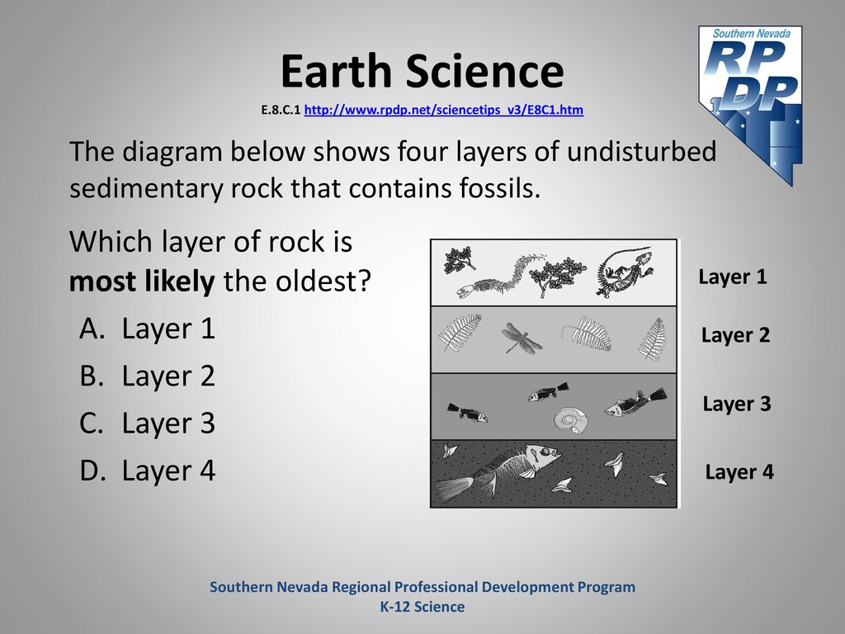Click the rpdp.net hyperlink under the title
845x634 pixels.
pos(443,110)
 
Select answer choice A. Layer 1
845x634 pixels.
pos(147,329)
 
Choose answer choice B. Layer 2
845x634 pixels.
pos(147,376)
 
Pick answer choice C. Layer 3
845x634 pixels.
pos(147,423)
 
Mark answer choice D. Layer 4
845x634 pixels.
pos(147,471)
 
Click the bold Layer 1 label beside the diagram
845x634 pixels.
pos(733,277)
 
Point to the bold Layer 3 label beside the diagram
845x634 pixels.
pos(737,404)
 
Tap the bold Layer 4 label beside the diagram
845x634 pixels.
pos(739,472)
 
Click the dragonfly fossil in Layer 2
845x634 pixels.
pos(521,338)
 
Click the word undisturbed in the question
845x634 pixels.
pos(641,152)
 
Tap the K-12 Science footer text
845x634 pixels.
pos(422,607)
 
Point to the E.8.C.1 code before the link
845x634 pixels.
pos(281,111)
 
